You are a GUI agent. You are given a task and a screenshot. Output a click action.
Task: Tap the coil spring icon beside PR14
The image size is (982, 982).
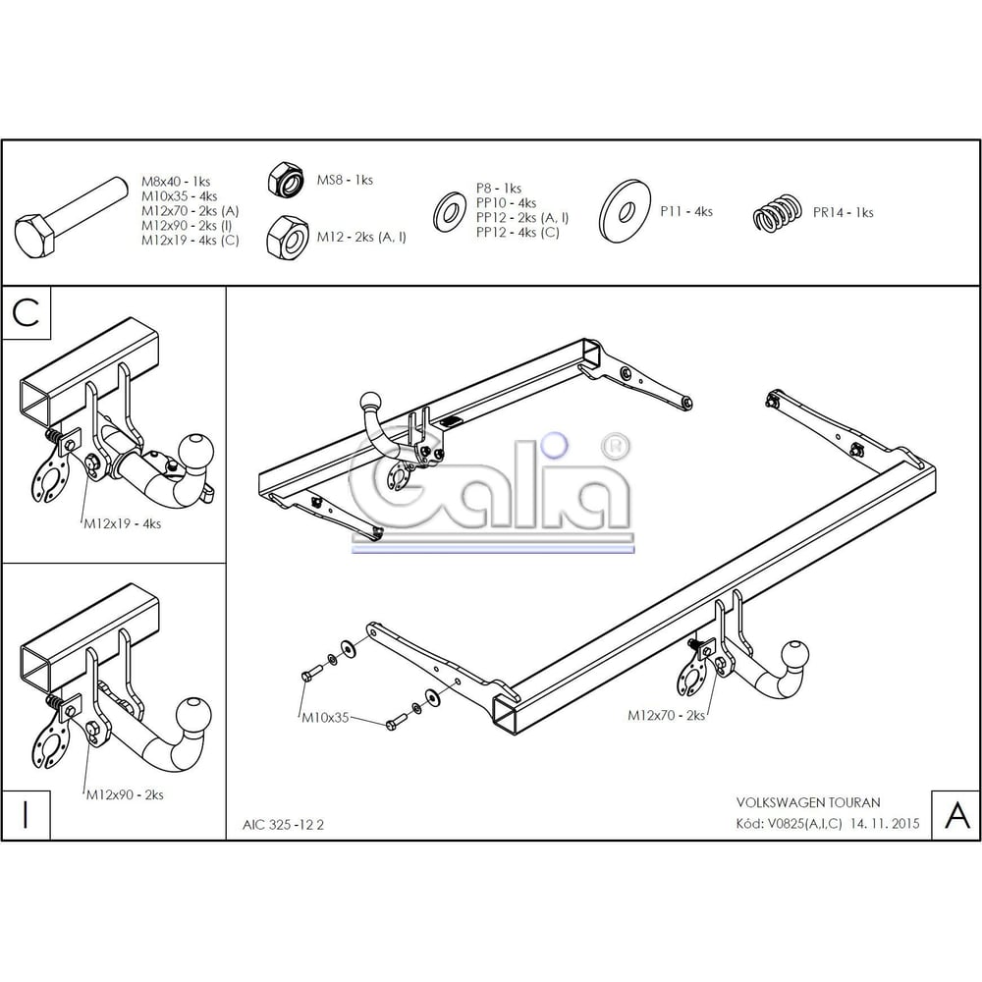[x=777, y=213]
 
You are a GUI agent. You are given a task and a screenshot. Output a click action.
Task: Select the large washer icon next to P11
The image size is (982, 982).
[x=625, y=212]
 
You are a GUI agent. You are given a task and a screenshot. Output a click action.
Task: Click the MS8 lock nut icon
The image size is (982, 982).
[x=286, y=179]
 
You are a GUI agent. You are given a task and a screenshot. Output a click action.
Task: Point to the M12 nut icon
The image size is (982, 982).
[x=287, y=238]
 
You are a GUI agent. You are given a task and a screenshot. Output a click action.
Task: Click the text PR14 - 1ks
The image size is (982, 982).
[x=843, y=212]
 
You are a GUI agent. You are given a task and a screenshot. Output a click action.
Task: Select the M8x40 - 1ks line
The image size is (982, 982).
[x=176, y=182]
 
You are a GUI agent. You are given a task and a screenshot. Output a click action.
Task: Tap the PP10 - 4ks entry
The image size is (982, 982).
[x=506, y=203]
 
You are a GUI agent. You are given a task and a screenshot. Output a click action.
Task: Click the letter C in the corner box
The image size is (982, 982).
[x=26, y=312]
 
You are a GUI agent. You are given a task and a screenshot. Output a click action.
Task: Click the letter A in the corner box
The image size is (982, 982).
[x=956, y=814]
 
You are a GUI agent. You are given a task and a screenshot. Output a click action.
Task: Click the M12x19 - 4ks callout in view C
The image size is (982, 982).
[x=123, y=523]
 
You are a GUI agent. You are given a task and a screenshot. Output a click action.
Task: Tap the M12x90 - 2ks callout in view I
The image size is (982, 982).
[x=125, y=794]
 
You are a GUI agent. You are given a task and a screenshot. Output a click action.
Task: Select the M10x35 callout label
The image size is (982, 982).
[x=325, y=718]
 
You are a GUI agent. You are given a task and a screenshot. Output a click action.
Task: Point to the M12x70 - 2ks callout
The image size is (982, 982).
[x=667, y=715]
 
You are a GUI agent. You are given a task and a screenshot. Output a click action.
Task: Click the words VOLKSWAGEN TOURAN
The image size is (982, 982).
[x=808, y=802]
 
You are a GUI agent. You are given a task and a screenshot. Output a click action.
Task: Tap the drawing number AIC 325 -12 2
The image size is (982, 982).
[x=283, y=825]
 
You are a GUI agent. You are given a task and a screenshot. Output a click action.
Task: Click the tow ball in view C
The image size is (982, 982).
[x=196, y=450]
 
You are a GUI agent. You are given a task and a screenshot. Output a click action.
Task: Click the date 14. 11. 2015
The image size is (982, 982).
[x=885, y=823]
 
